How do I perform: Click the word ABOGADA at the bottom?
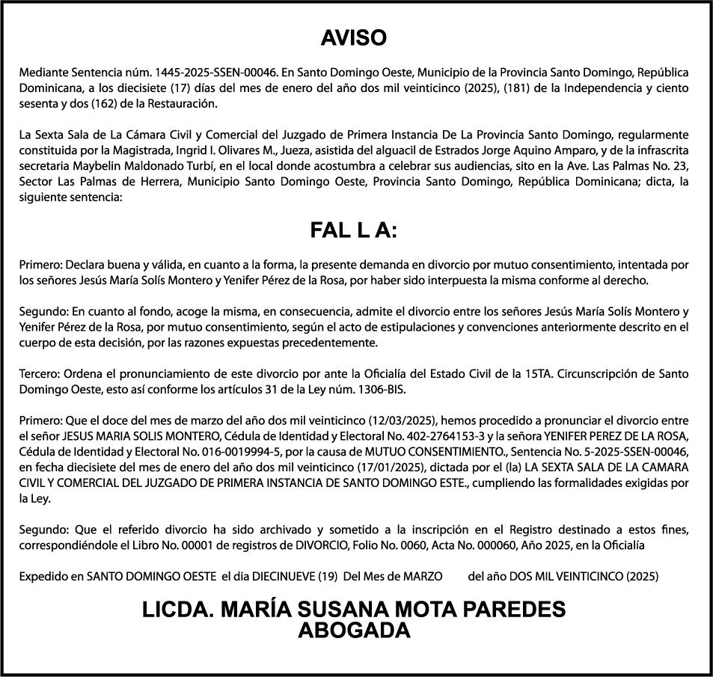coord(354,631)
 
